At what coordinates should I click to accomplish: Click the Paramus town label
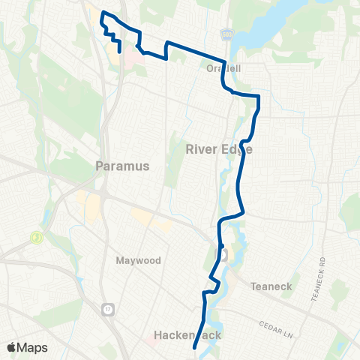(123, 166)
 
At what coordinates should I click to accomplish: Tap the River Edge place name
(218, 149)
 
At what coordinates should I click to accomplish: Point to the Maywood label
(138, 260)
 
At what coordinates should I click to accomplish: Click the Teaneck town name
(265, 285)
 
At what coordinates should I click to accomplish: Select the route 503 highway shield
(227, 35)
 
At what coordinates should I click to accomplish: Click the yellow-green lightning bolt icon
(35, 237)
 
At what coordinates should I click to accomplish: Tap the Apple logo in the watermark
(12, 347)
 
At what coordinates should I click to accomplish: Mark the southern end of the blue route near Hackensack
(194, 348)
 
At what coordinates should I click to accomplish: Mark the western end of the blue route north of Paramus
(120, 52)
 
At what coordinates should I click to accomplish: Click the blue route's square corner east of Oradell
(258, 96)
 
